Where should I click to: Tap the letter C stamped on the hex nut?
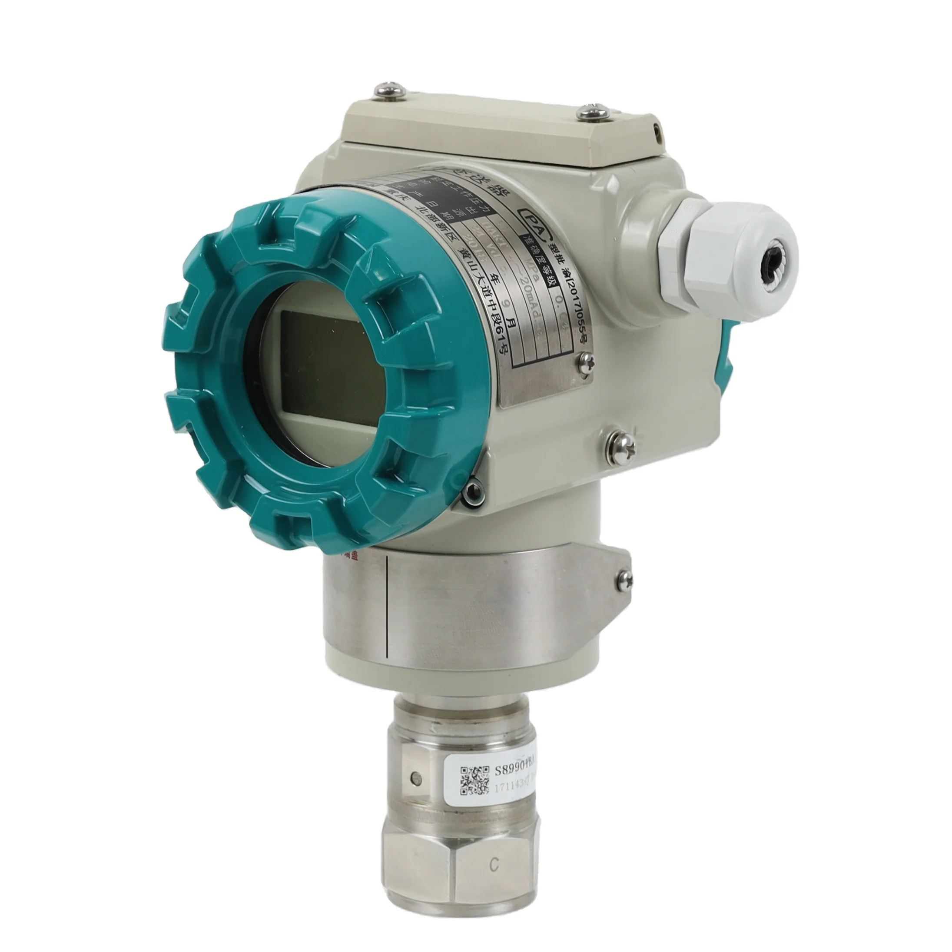pyautogui.click(x=494, y=878)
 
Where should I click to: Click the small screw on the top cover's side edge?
pyautogui.click(x=657, y=129)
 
